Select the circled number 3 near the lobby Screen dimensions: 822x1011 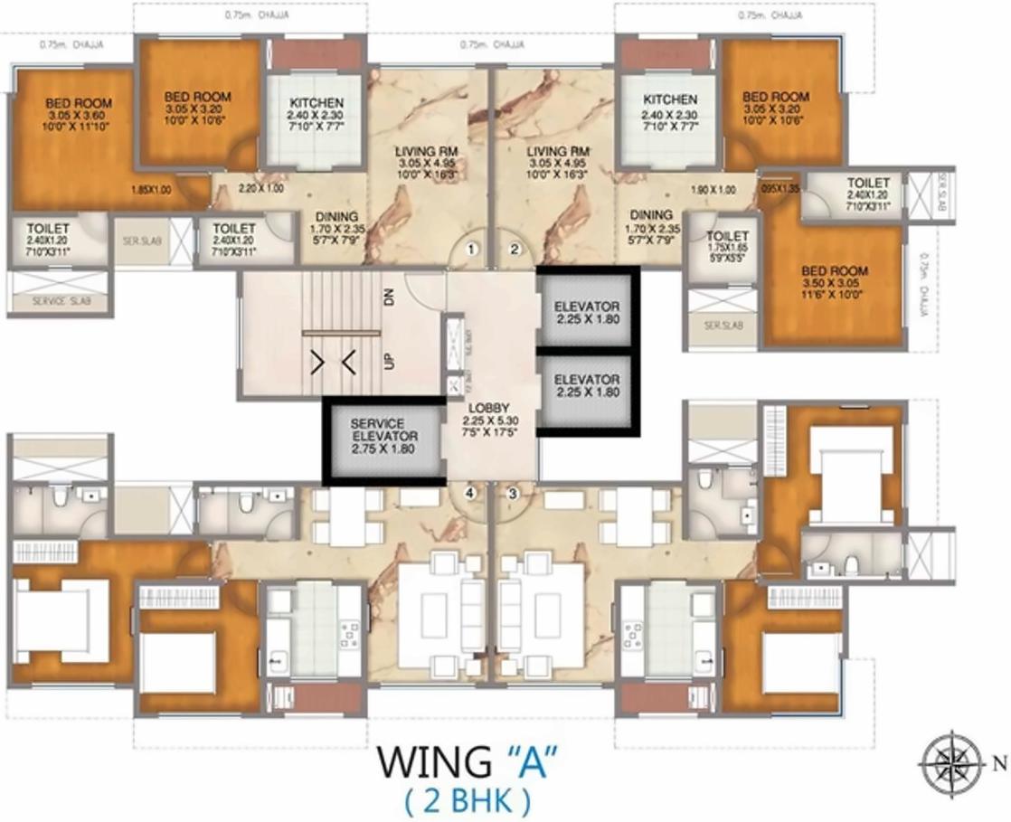click(x=513, y=493)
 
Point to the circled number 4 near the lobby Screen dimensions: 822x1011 click(x=469, y=493)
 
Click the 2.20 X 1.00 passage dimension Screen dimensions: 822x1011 click(x=260, y=188)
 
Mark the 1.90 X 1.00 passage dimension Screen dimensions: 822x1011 click(x=713, y=190)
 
